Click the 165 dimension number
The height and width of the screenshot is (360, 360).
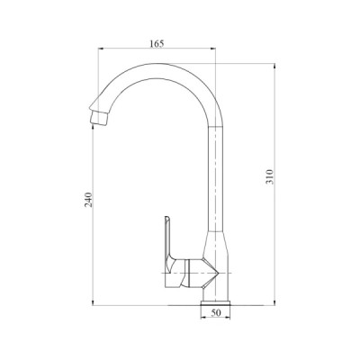pos(158,41)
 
